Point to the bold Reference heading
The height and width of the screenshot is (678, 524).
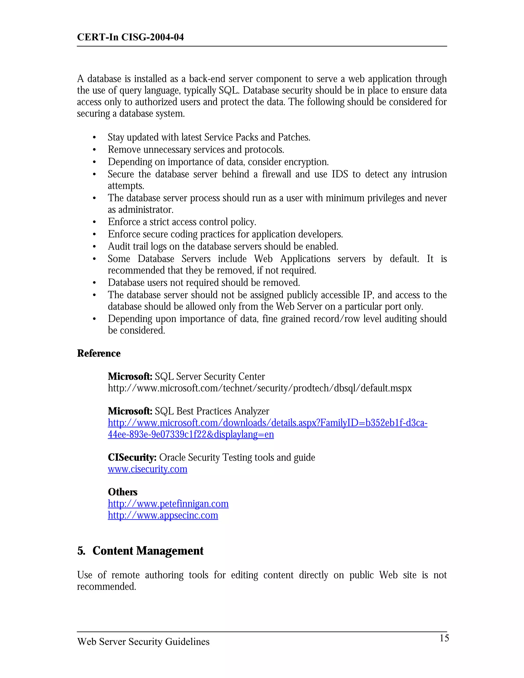tap(99, 353)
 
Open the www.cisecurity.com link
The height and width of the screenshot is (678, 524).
tap(147, 469)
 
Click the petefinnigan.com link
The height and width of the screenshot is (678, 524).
tap(168, 504)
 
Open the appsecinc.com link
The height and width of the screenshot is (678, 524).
tap(163, 515)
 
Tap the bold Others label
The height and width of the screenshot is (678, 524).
tap(122, 492)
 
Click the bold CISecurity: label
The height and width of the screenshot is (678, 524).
tap(132, 457)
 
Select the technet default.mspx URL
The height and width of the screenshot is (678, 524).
tap(259, 388)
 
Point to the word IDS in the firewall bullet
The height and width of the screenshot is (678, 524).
tap(340, 174)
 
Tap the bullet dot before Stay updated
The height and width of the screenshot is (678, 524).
tap(94, 138)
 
